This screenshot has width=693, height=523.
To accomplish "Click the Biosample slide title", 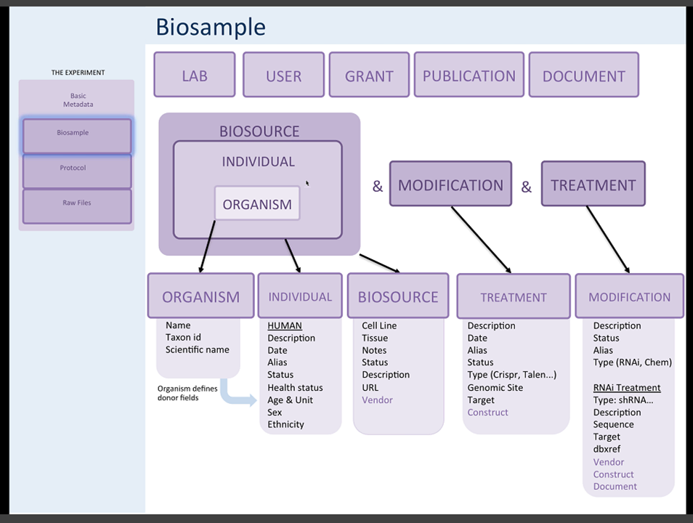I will coord(211,27).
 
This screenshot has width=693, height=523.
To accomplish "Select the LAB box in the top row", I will coord(195,76).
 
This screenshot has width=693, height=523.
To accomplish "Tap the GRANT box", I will coord(369,76).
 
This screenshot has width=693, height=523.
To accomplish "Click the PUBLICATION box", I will coord(469,76).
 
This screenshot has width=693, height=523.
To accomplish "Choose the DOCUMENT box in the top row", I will coord(583,76).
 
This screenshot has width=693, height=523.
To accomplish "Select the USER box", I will coord(283,76).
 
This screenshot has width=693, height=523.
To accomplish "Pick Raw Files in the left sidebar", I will coord(77,203).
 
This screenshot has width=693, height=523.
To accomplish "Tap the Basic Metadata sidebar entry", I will coord(77,100).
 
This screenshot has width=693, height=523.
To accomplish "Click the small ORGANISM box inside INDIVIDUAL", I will coord(257,204).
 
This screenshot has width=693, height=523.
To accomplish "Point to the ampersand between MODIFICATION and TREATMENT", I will coord(526,187).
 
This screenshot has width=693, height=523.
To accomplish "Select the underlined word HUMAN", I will coord(285,326).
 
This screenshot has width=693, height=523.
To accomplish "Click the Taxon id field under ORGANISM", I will coord(183,338).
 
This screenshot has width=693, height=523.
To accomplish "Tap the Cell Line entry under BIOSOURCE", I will coord(379,326).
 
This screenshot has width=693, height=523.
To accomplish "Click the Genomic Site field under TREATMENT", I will coord(495,388).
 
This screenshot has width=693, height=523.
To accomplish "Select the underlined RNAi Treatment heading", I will coord(627,388).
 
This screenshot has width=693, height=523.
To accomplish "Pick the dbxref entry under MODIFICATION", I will coord(607,450).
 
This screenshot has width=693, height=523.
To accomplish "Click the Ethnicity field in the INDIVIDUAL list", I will coord(285,425).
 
